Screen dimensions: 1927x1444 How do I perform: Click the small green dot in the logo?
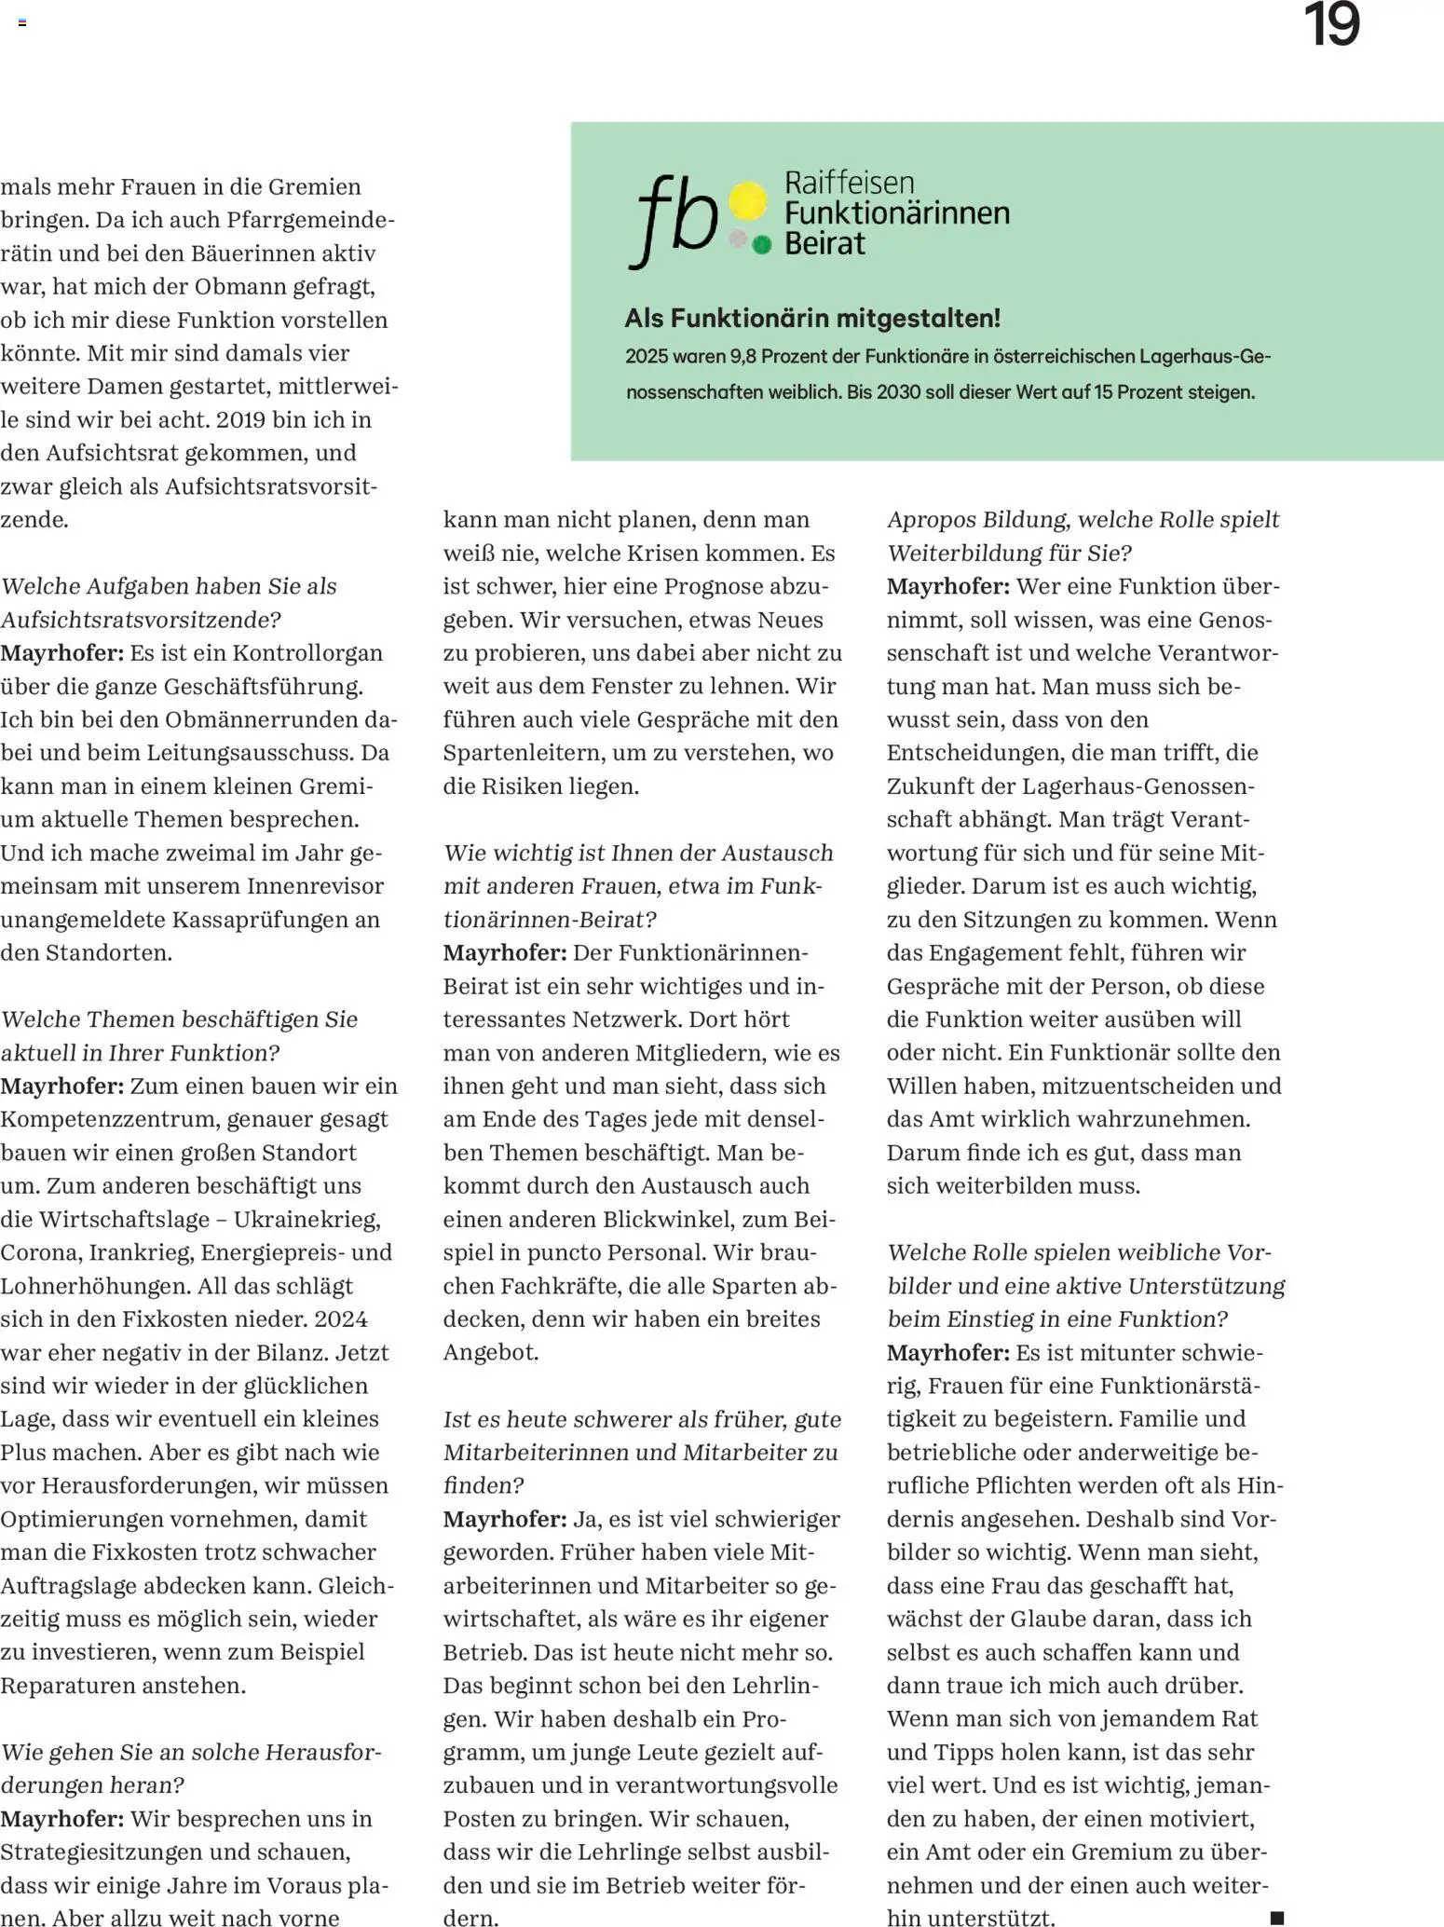pyautogui.click(x=762, y=246)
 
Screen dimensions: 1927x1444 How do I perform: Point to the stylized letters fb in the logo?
pyautogui.click(x=674, y=220)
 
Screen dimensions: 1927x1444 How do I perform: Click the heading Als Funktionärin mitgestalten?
pyautogui.click(x=812, y=319)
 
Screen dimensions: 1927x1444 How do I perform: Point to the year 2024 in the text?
pyautogui.click(x=341, y=1319)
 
